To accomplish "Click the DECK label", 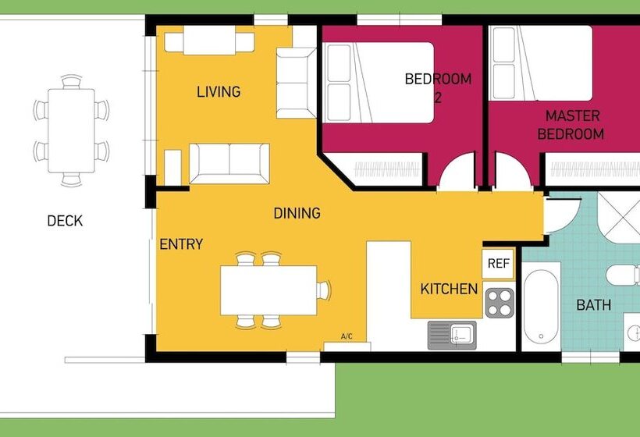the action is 65,221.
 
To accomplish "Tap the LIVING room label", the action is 219,91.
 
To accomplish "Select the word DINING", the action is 297,213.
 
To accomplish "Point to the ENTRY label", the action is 181,244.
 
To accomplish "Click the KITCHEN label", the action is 449,289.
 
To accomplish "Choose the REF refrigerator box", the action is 498,264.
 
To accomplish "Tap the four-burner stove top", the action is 500,303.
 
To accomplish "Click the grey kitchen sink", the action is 452,336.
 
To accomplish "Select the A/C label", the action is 347,336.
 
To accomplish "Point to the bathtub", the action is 541,307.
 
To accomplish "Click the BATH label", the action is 593,305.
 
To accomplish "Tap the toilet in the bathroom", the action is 624,275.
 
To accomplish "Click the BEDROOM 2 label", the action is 438,87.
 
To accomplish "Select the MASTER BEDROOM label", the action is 571,125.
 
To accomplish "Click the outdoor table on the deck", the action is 72,130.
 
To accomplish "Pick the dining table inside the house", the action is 268,290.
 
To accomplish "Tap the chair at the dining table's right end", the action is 324,290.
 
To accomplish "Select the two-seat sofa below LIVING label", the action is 229,164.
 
